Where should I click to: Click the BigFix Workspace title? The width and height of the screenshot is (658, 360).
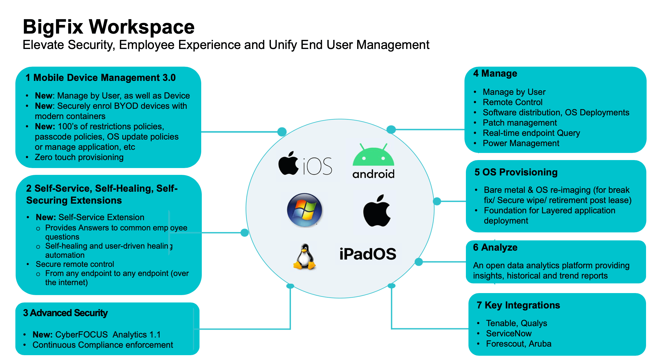108,27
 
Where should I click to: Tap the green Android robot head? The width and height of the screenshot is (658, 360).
373,156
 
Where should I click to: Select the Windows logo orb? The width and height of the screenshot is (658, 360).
305,210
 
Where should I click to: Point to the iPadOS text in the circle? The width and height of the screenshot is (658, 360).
368,254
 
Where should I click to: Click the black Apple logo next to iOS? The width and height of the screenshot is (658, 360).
288,163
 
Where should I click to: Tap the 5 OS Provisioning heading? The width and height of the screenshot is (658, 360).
516,172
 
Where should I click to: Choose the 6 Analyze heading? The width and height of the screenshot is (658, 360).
495,248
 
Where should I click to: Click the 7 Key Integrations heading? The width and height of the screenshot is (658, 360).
518,305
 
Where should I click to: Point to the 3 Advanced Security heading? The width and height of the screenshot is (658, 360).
65,313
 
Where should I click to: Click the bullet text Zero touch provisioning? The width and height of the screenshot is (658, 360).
79,157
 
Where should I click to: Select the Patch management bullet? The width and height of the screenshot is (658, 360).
520,123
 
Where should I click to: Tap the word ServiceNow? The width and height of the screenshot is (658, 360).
509,334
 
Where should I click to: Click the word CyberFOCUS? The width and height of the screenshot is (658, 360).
81,335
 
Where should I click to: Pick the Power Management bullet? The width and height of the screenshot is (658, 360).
521,143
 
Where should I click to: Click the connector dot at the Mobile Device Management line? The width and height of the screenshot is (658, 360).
282,132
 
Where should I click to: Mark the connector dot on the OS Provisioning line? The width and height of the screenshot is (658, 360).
437,201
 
